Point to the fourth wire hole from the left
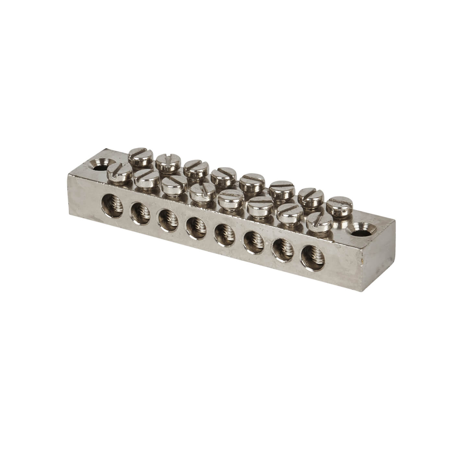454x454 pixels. pos(196,226)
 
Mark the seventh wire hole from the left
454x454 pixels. pos(281,248)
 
